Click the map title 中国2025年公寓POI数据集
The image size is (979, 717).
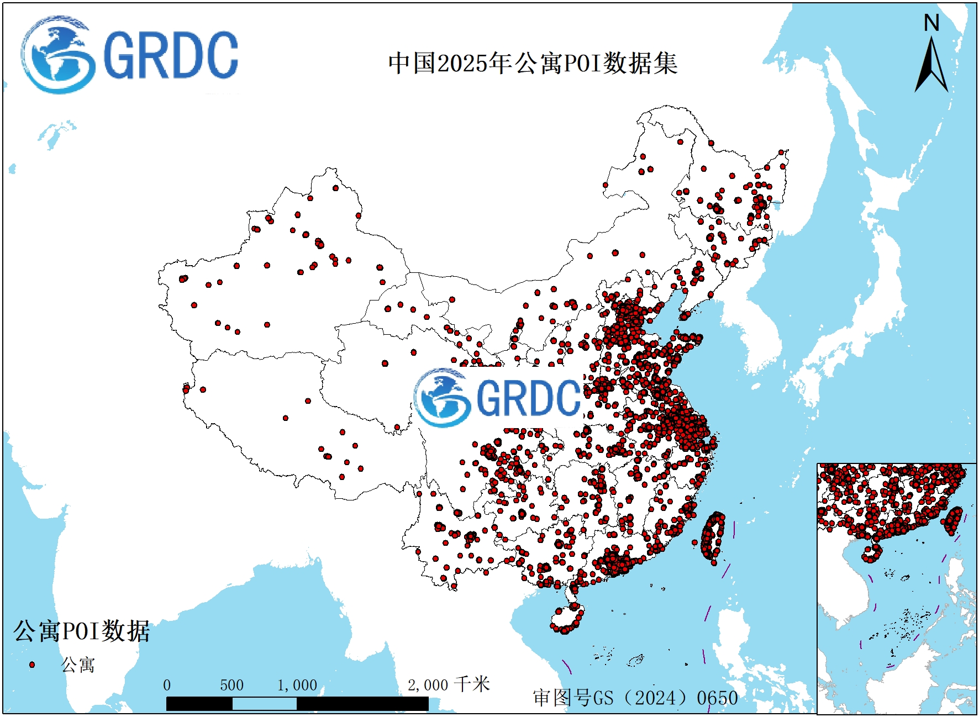tap(533, 63)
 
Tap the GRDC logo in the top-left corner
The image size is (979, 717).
tap(130, 55)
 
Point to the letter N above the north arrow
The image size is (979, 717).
tap(931, 23)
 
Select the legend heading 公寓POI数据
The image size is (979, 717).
tap(82, 631)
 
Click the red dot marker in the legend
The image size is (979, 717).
tap(31, 665)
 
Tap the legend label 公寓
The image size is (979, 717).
tap(78, 665)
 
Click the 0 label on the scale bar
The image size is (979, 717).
tap(167, 686)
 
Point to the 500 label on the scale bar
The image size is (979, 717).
tap(231, 686)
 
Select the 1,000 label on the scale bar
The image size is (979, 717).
tap(297, 686)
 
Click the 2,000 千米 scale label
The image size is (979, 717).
tap(449, 685)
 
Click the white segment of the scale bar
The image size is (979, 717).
tap(264, 704)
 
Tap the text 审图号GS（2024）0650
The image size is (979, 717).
tap(635, 698)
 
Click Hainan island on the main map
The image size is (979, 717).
tap(566, 619)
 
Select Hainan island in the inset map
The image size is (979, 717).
tap(872, 552)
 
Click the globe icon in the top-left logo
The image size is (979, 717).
tap(57, 55)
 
